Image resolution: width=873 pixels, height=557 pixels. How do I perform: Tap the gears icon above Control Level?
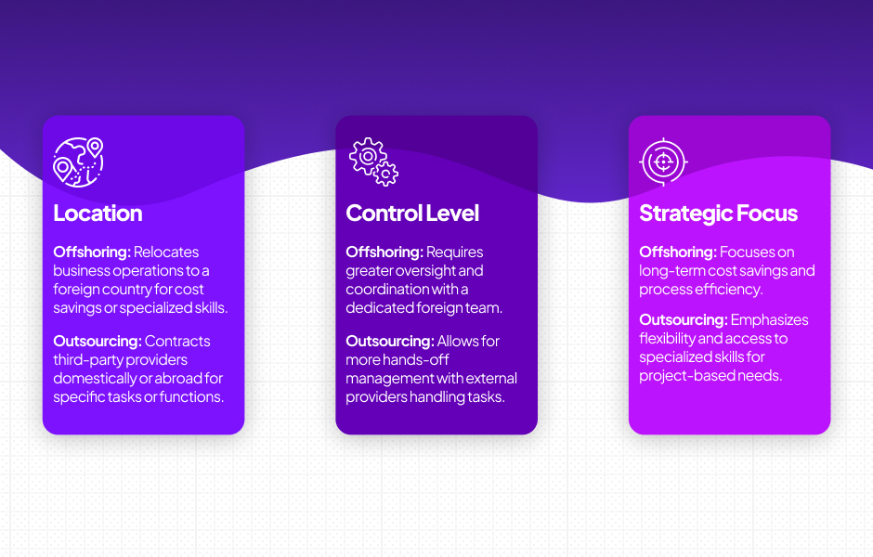[x=373, y=162]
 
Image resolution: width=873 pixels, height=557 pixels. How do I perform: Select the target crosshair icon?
[x=663, y=162]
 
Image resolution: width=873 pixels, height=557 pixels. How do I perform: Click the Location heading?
[x=98, y=214]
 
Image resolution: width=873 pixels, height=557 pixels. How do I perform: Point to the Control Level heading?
[x=412, y=214]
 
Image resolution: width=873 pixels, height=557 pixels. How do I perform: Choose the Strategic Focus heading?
[x=718, y=214]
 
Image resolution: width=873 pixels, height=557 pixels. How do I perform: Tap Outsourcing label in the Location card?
[x=97, y=342]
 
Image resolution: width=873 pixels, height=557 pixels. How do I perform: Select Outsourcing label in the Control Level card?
[x=389, y=342]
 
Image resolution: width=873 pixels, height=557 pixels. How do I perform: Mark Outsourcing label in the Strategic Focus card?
[x=683, y=320]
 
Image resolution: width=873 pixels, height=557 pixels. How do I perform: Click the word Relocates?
[x=167, y=253]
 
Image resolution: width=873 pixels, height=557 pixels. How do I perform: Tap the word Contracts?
[x=178, y=342]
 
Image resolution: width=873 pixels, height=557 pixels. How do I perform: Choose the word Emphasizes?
[x=770, y=320]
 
